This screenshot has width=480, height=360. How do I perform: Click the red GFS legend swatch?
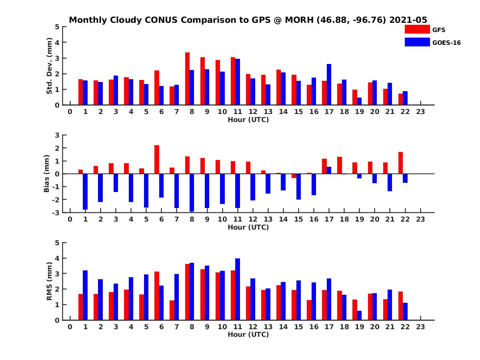click(417, 29)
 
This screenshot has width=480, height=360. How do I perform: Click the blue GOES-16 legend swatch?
click(417, 42)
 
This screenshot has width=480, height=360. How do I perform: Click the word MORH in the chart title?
click(299, 20)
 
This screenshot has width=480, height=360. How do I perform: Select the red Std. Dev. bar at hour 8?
click(187, 79)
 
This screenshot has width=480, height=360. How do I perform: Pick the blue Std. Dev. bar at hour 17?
click(329, 84)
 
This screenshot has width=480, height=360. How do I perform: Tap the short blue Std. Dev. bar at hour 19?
click(359, 101)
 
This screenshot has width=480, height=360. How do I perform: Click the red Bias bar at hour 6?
click(157, 159)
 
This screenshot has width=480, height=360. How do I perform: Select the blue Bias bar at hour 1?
click(85, 192)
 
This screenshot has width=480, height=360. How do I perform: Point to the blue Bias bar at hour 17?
click(329, 170)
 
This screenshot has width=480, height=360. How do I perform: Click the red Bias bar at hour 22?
click(400, 163)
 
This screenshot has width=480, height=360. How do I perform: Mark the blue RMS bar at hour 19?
click(359, 315)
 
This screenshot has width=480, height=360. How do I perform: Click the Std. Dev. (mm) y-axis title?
click(50, 66)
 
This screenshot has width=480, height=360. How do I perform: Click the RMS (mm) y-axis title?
click(50, 281)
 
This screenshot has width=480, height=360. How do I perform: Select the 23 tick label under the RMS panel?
click(420, 326)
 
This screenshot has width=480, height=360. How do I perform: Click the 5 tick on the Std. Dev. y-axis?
click(58, 27)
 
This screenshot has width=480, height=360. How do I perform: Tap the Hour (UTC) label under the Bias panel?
click(248, 227)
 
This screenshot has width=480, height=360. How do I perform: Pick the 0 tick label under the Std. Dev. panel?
click(70, 112)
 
